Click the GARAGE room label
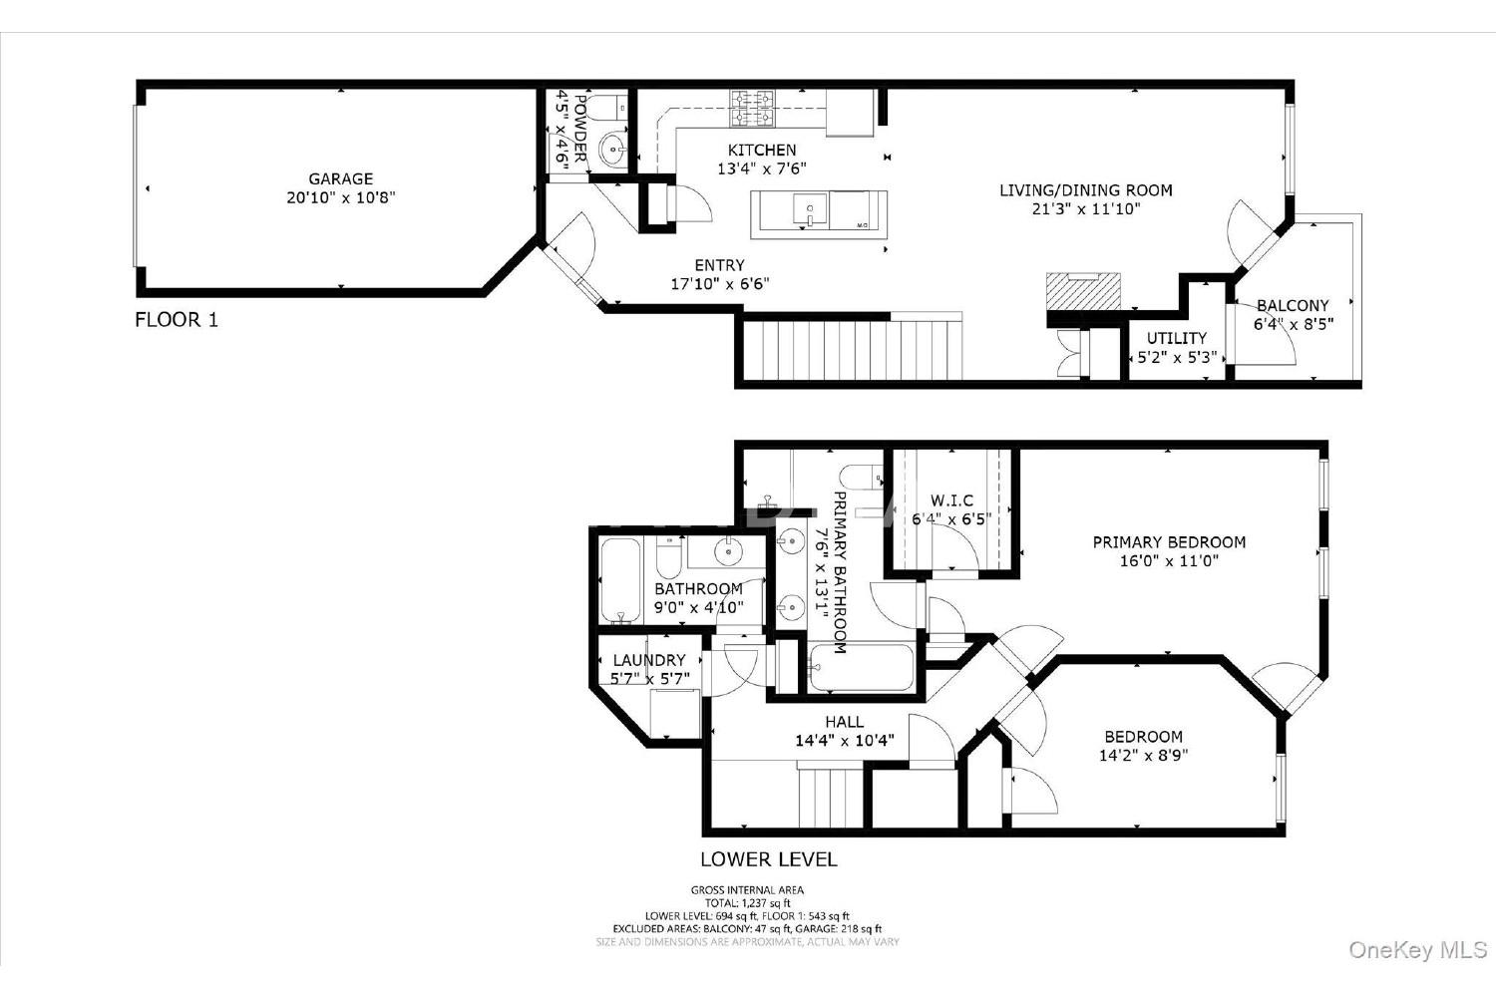341,179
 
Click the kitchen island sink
810,209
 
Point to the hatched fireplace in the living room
1083,291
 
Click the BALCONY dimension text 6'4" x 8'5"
1293,325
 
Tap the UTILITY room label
1177,338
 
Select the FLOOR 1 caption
177,320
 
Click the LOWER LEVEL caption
769,859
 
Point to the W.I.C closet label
951,500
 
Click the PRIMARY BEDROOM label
1169,542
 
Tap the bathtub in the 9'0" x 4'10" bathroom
620,580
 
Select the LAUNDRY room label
649,660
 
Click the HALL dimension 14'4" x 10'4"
844,741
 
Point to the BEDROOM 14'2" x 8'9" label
1143,737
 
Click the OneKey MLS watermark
1417,950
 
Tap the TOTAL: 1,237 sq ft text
747,903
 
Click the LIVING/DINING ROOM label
1086,190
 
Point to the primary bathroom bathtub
860,666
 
